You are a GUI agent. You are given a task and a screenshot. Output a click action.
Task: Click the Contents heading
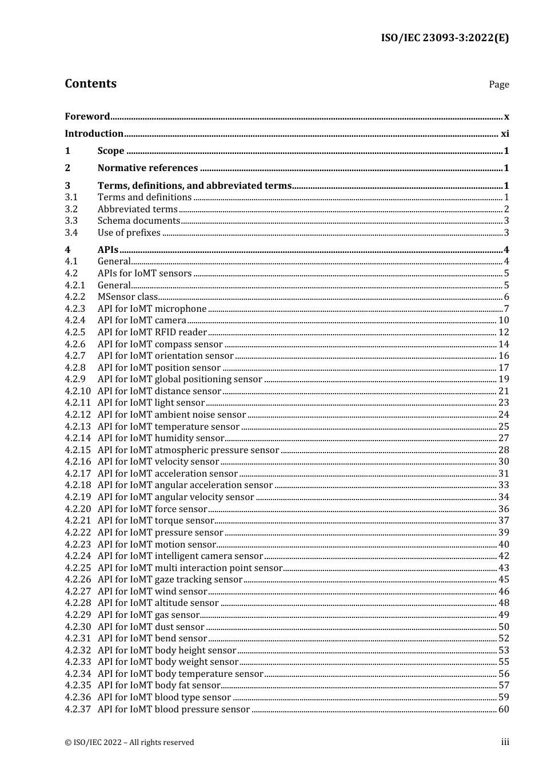click(90, 84)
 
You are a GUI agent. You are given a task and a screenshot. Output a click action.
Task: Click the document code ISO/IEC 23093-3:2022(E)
click(445, 38)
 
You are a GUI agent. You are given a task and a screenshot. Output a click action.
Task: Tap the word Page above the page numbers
click(498, 84)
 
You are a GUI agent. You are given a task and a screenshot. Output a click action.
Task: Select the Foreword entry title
click(87, 116)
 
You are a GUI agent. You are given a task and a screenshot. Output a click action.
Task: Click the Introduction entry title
click(94, 133)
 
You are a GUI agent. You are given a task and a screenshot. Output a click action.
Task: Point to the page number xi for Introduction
click(505, 133)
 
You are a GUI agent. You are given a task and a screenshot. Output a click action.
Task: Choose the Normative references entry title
click(147, 168)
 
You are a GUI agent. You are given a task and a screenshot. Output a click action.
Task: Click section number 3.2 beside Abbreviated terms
click(71, 209)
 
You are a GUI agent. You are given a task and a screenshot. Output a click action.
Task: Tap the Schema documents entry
click(139, 220)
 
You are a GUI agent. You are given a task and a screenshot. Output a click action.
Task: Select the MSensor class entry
click(127, 296)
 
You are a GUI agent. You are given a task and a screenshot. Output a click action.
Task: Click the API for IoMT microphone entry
click(152, 308)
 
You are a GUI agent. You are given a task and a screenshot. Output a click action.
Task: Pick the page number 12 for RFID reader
click(504, 332)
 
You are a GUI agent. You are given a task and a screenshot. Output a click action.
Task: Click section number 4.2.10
click(78, 391)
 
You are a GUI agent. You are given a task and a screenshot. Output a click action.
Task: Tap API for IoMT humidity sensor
click(161, 438)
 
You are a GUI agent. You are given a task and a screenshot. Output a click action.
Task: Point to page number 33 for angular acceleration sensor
click(504, 485)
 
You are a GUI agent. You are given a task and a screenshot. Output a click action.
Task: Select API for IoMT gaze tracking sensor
click(170, 579)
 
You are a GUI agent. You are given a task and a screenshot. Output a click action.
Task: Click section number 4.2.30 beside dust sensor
click(78, 627)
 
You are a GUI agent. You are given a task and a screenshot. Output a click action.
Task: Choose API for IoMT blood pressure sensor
click(174, 709)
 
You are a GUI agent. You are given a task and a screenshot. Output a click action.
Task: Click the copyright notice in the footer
click(129, 742)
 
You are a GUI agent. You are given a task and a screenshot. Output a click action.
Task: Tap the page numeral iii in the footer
click(505, 742)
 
